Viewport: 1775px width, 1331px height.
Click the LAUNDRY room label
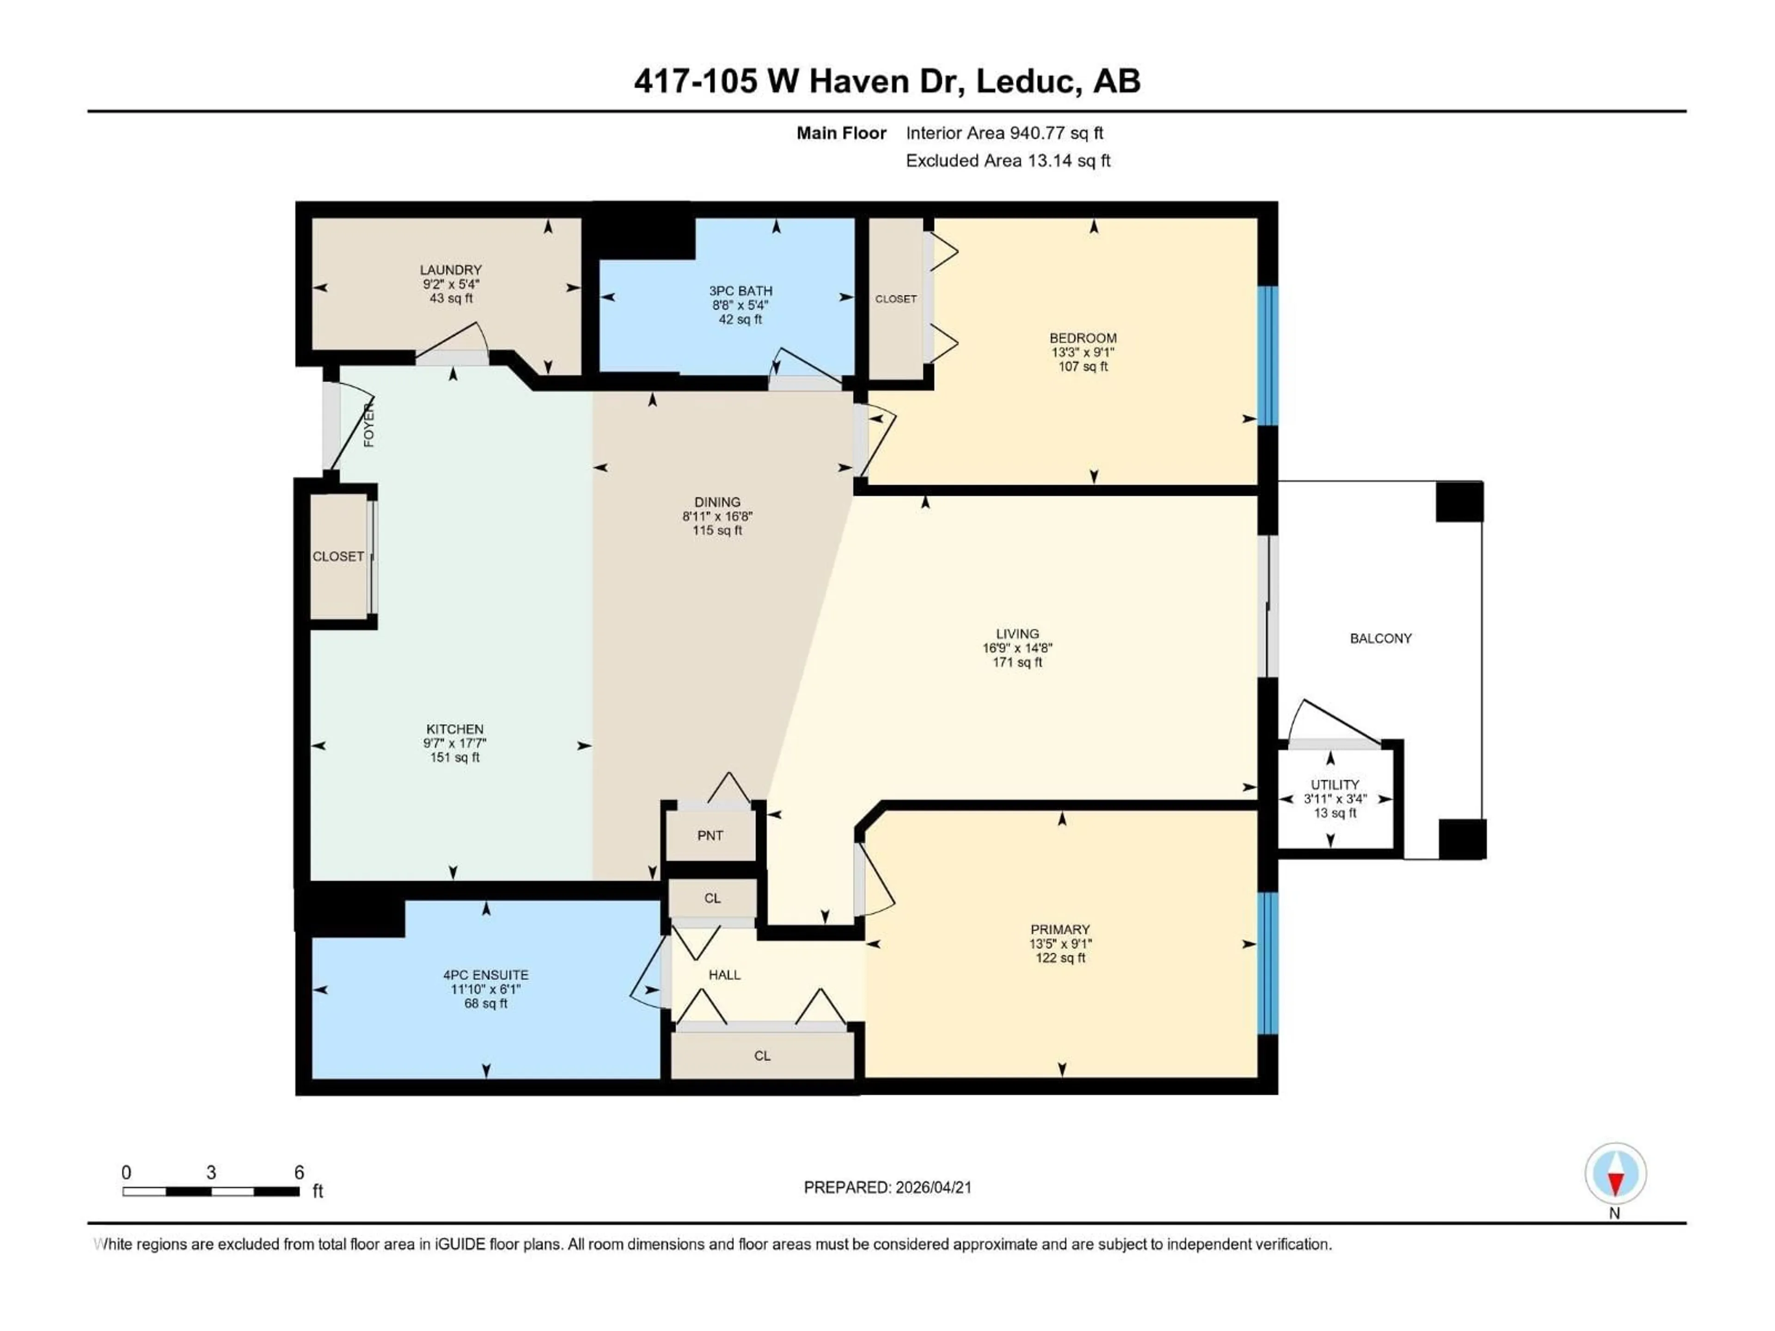tap(450, 269)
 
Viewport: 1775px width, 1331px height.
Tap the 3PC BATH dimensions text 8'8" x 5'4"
tap(740, 305)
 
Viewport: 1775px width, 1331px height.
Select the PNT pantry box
tap(710, 835)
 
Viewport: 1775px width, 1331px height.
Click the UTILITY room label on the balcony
tap(1334, 785)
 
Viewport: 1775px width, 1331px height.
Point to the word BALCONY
tap(1380, 639)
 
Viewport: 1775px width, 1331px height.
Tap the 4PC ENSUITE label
tap(485, 975)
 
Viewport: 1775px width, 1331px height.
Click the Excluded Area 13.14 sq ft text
tap(1007, 160)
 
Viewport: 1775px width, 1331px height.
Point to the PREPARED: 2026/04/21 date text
tap(887, 1187)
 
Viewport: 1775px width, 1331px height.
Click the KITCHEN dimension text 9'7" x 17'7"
tap(454, 743)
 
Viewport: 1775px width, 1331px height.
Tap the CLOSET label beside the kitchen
tap(338, 556)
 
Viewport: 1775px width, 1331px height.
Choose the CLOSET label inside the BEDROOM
tap(895, 299)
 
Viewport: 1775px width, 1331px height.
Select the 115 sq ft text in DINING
tap(717, 530)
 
